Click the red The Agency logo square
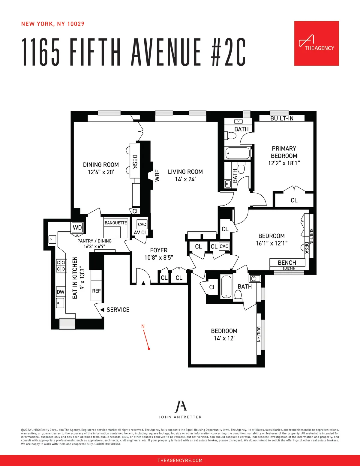click(x=316, y=44)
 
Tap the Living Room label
click(x=185, y=172)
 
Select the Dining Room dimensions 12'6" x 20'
click(x=101, y=172)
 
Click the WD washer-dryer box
click(x=77, y=227)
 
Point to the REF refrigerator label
click(x=96, y=291)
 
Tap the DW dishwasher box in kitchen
click(x=61, y=292)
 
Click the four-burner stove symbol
click(x=61, y=266)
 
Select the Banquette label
click(x=116, y=223)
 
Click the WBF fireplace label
click(x=157, y=176)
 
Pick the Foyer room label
click(x=159, y=250)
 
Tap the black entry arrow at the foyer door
click(x=143, y=283)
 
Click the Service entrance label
click(x=118, y=310)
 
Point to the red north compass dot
click(x=149, y=349)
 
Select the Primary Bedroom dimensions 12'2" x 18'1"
click(x=284, y=163)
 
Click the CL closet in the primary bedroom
click(x=294, y=200)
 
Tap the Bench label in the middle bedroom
click(x=287, y=263)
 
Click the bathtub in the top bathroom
click(x=237, y=153)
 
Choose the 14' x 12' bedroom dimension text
click(x=224, y=338)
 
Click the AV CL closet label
click(x=140, y=233)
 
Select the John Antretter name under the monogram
click(x=180, y=417)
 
